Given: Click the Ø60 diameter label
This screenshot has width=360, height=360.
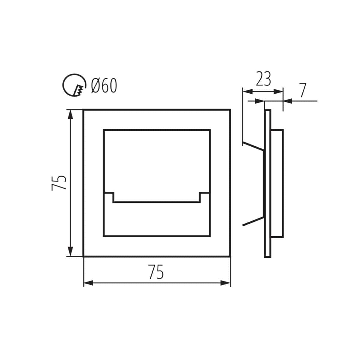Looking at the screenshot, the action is (x=104, y=86).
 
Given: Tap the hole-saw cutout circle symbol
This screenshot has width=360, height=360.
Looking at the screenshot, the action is (x=74, y=85).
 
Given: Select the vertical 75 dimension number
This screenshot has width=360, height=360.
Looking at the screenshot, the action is (x=59, y=183).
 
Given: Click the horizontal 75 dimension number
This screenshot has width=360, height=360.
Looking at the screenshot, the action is (x=156, y=272).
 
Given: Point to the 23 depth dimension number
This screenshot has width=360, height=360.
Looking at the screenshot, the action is (x=263, y=79).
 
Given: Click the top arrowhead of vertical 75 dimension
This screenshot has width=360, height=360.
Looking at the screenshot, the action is (x=70, y=115).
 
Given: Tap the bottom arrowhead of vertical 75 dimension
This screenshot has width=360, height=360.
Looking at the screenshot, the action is (x=70, y=251).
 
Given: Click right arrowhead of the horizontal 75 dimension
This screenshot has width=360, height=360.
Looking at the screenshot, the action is (x=226, y=283).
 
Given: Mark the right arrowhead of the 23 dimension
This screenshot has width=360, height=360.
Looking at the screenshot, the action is (x=278, y=92).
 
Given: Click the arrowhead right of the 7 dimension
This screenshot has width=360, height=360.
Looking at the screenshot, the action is (x=288, y=101).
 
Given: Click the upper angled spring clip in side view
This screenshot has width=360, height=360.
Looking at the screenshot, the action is (x=253, y=146).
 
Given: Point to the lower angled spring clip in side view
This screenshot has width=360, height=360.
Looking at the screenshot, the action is (x=253, y=221).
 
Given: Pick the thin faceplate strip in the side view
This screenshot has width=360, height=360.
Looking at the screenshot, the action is (x=268, y=184).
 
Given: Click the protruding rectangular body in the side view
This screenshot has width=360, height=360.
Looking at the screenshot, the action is (x=277, y=184).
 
